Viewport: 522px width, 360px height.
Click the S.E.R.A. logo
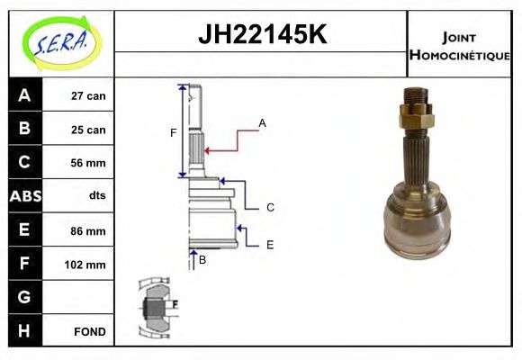pos(60,42)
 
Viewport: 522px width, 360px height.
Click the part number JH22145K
pos(262,34)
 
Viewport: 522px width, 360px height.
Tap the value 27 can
pos(88,96)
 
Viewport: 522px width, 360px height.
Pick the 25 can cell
pos(88,130)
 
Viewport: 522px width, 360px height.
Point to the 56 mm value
pos(88,163)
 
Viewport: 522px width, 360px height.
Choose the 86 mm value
pos(88,231)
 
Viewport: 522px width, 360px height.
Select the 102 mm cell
pos(87,265)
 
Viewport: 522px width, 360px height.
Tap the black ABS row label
pos(24,196)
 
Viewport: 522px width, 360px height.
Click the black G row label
pos(24,297)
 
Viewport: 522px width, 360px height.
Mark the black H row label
pos(24,331)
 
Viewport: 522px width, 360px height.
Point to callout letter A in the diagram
pos(262,122)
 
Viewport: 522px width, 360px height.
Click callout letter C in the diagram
pos(269,208)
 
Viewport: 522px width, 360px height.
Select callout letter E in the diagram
pos(269,244)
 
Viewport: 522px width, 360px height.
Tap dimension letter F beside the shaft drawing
pos(173,133)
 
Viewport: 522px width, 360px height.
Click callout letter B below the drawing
pos(202,260)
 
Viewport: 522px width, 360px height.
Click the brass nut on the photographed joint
pos(416,113)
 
